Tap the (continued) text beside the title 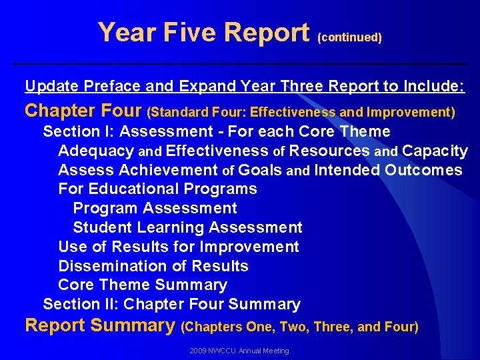[350, 38]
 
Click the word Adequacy [96, 151]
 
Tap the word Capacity [435, 151]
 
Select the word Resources [330, 151]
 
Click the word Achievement [166, 170]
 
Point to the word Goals [260, 170]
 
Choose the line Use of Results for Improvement [179, 247]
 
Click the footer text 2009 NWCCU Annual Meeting [239, 351]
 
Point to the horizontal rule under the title [240, 63]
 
